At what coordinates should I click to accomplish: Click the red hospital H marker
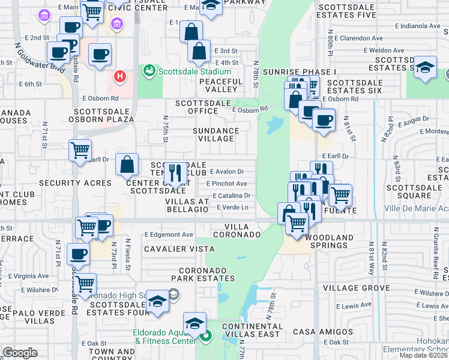(x=120, y=77)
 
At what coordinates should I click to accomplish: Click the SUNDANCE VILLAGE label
(x=216, y=134)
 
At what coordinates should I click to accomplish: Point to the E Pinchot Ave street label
(x=226, y=184)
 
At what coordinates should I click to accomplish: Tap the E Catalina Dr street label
(x=230, y=196)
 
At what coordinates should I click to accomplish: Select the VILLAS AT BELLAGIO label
(x=187, y=206)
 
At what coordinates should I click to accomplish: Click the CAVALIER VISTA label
(x=179, y=248)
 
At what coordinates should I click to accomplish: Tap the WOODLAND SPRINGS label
(x=329, y=241)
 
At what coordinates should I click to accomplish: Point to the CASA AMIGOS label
(x=323, y=332)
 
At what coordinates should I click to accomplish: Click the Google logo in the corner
(x=20, y=353)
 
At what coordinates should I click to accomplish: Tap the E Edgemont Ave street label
(x=169, y=235)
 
